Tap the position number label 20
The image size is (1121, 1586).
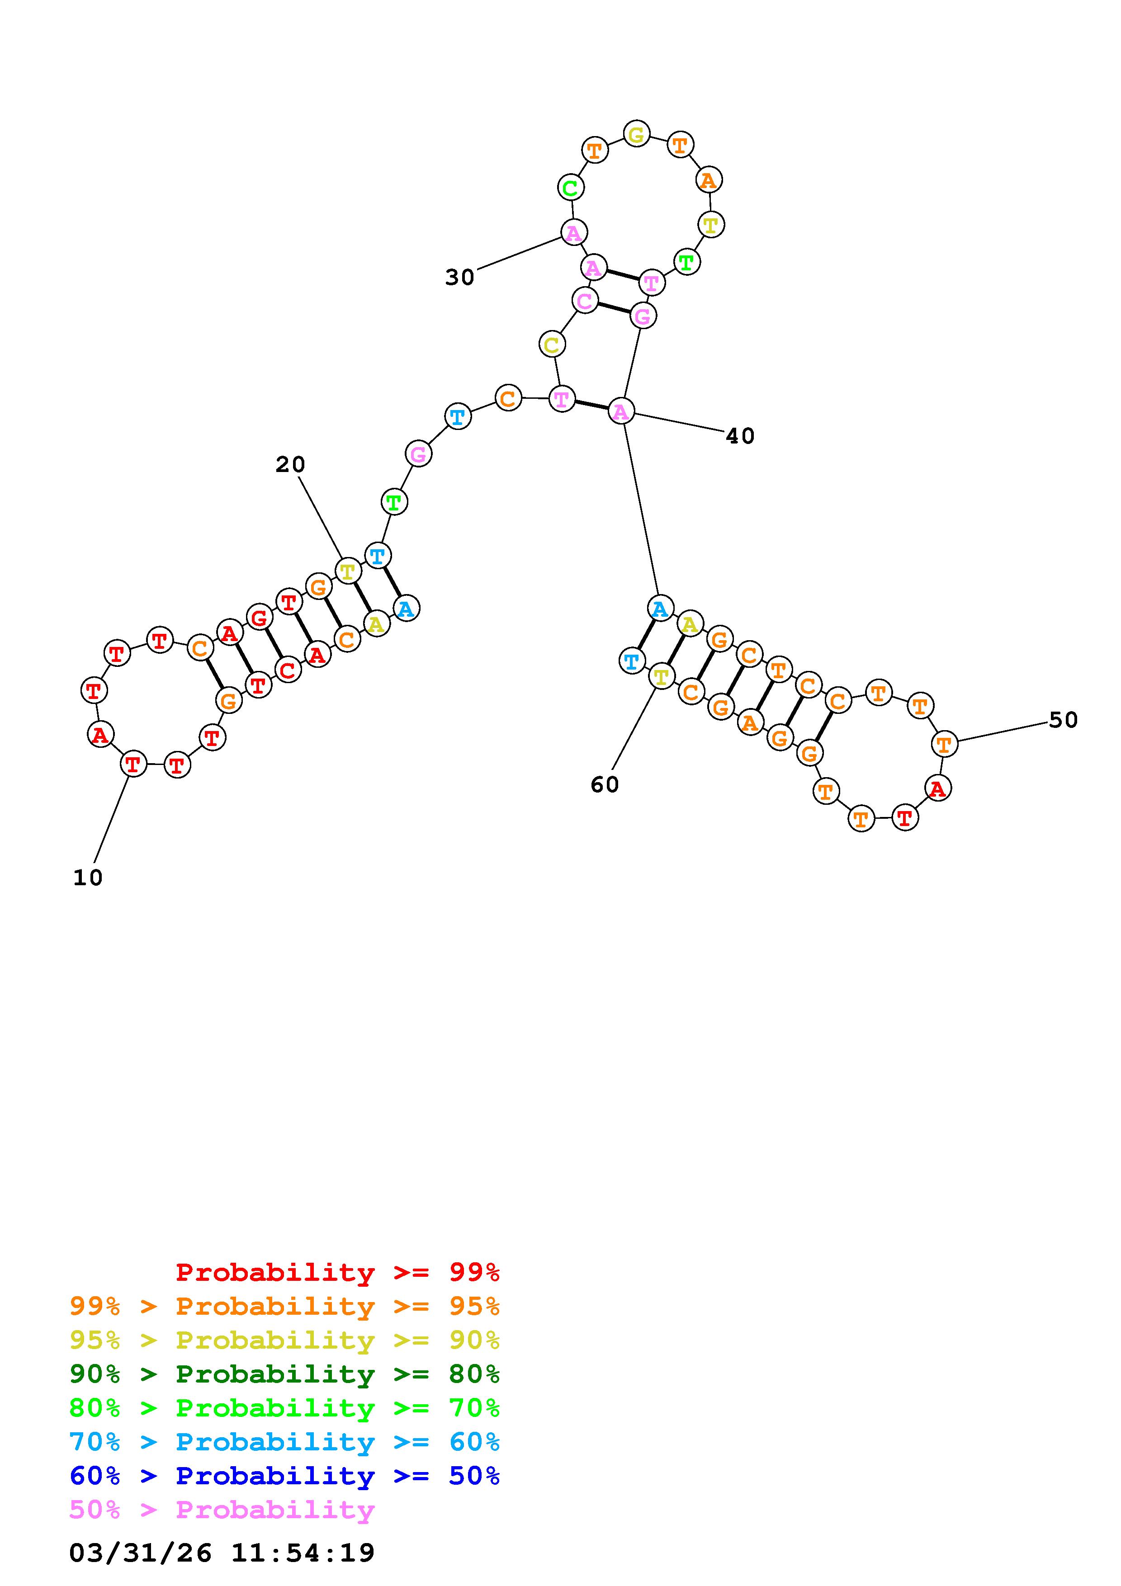click(290, 465)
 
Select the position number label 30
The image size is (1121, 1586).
click(460, 278)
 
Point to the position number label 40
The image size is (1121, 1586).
click(740, 436)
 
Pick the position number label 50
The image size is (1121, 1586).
click(1063, 721)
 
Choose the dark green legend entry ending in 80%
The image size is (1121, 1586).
click(284, 1374)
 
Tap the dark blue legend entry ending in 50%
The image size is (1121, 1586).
click(284, 1476)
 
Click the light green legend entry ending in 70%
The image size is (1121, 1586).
click(284, 1408)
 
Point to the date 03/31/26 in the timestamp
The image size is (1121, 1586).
click(140, 1553)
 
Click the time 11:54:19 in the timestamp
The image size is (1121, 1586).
click(303, 1553)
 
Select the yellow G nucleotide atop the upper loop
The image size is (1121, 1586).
click(636, 133)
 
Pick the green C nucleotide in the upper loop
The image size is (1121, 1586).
click(571, 187)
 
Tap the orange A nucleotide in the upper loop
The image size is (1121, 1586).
click(709, 180)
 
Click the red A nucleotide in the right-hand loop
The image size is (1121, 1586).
click(937, 788)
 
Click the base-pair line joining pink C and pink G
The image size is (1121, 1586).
click(614, 308)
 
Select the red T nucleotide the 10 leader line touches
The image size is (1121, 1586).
click(133, 764)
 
